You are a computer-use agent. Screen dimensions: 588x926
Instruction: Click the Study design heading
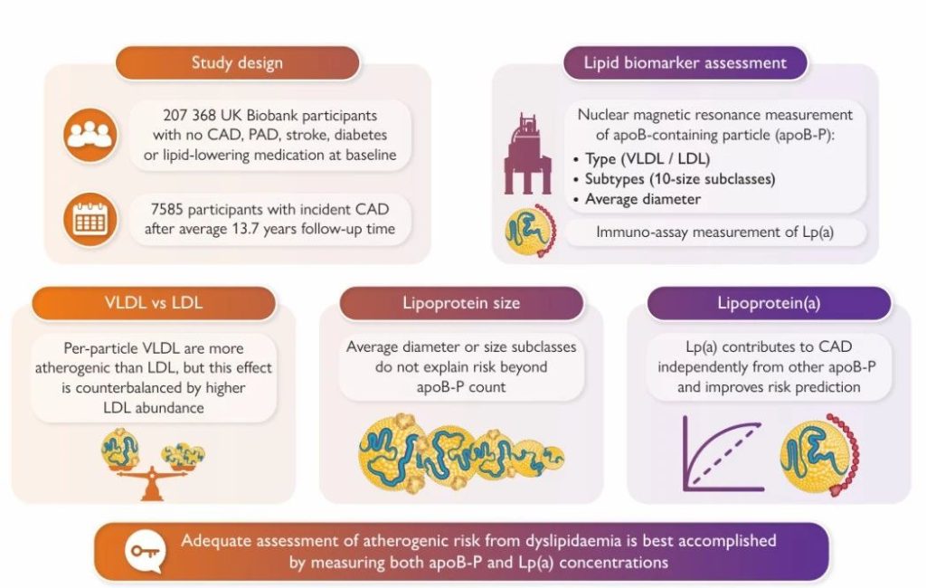[x=237, y=62]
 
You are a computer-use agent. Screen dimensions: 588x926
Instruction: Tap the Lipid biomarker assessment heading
[x=685, y=62]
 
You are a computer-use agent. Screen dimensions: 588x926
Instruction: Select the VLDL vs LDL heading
[x=154, y=303]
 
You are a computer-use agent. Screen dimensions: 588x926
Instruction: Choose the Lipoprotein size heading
[x=461, y=303]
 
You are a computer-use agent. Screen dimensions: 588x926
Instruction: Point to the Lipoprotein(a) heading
[x=769, y=303]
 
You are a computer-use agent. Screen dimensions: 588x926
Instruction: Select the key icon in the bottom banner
[x=146, y=551]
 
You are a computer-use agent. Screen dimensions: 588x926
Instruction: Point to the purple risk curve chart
[x=723, y=452]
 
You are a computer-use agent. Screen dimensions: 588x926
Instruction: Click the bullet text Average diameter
[x=643, y=199]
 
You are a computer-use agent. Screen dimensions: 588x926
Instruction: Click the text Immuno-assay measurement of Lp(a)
[x=715, y=232]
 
